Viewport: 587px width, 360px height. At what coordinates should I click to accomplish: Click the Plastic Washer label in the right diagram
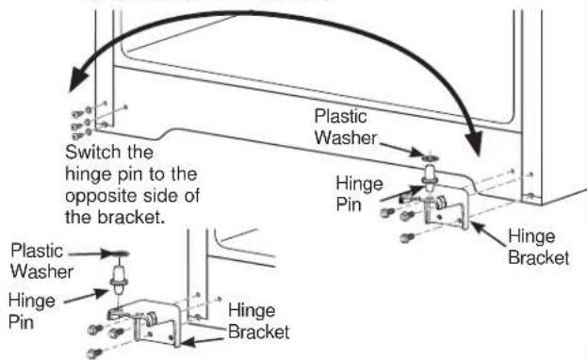click(x=345, y=127)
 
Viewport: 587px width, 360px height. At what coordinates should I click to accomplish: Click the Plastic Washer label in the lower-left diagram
click(x=41, y=261)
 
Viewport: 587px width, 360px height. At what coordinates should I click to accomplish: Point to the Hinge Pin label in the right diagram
click(x=359, y=194)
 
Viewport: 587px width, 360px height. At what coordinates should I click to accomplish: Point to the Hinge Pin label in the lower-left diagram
click(x=32, y=311)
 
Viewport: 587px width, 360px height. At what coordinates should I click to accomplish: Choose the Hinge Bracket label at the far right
click(x=538, y=247)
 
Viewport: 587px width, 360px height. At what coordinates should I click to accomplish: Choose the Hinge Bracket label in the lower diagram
click(x=259, y=321)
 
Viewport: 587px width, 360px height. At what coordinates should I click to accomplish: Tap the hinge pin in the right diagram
click(x=430, y=175)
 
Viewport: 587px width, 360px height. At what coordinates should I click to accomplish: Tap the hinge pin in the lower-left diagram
click(x=119, y=279)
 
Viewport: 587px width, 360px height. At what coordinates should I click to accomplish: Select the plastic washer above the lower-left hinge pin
click(x=118, y=254)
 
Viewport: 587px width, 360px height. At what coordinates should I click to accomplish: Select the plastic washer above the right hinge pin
click(x=431, y=155)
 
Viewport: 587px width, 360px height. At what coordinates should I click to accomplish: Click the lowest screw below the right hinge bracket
click(x=406, y=237)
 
